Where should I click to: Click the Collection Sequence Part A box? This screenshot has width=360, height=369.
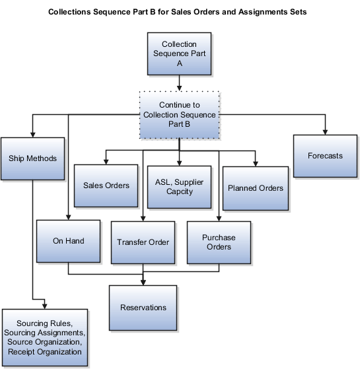(x=179, y=54)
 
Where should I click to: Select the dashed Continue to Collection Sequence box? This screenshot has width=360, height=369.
(x=179, y=114)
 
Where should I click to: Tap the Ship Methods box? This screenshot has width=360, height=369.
(x=32, y=158)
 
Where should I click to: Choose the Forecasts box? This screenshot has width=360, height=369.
(x=325, y=156)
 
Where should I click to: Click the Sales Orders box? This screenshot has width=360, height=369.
(x=106, y=185)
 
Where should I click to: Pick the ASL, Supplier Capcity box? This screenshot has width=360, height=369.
(x=179, y=186)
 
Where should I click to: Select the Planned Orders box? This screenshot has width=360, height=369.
(x=255, y=188)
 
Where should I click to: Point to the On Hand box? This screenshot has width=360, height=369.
(x=69, y=241)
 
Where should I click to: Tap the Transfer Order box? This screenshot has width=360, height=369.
(x=143, y=242)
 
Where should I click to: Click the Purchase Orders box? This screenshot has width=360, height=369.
(x=218, y=242)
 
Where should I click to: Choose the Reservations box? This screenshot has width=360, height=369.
(x=143, y=307)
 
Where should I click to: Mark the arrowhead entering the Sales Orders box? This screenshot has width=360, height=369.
(x=106, y=162)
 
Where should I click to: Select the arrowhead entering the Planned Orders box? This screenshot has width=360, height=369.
(x=255, y=162)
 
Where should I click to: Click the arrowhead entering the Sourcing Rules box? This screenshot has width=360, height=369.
(x=44, y=305)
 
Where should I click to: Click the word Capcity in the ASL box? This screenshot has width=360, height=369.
(x=179, y=191)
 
